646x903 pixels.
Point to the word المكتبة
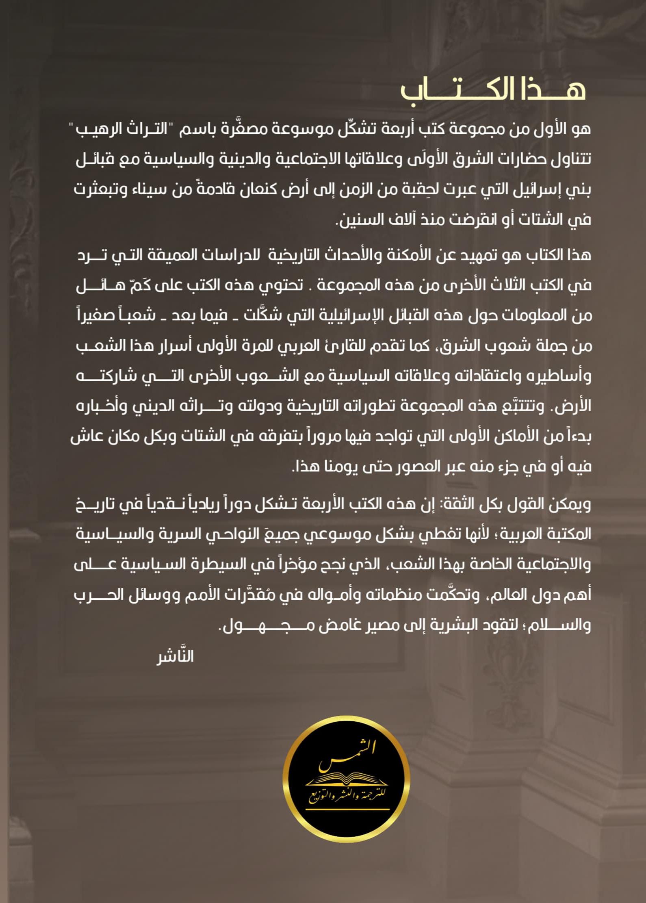[563, 534]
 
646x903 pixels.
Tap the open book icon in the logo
[346, 781]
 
